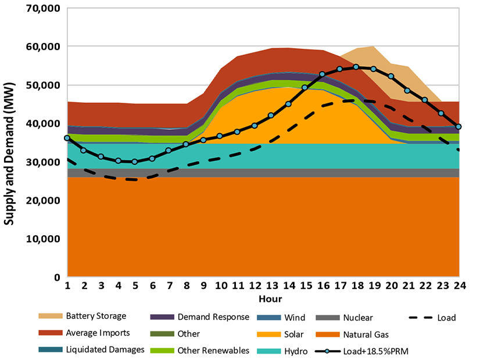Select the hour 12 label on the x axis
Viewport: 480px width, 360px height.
[255, 286]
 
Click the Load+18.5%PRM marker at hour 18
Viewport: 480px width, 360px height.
[356, 67]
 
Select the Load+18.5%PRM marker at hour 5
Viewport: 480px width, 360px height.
[135, 161]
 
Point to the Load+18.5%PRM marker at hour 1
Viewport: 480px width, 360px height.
[67, 138]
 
